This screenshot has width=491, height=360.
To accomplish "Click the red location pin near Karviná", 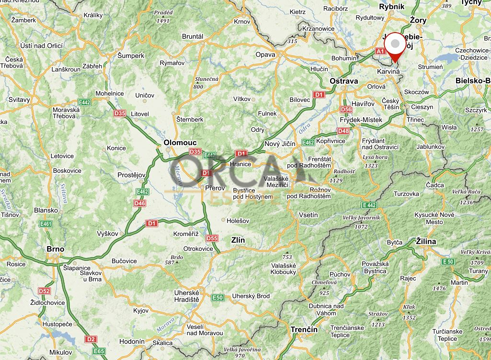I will pos(395,46).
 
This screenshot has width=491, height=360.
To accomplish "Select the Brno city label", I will pos(56,249).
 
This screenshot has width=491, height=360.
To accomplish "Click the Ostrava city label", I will pos(343,81).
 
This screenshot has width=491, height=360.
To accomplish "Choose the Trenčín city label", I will pos(304,329).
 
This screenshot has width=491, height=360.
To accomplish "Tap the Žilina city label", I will pos(426,241).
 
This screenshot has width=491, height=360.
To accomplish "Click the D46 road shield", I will pos(140,203).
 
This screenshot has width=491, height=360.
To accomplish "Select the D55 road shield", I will pos(212,238).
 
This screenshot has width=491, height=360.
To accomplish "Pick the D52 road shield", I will pos(44,291).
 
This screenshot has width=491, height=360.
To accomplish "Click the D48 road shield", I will pos(343,131).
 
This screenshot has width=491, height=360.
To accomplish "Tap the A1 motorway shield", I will pos(380,51).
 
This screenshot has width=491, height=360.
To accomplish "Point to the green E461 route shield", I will pos(46,224).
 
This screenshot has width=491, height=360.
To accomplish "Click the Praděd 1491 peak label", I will pos(163,17).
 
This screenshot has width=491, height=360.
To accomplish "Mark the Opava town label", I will pos(265,55).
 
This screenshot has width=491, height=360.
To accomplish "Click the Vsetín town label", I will pos(308,215).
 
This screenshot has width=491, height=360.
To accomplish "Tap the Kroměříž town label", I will pos(185,233).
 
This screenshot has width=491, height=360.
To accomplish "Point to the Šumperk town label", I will pos(131,56).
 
